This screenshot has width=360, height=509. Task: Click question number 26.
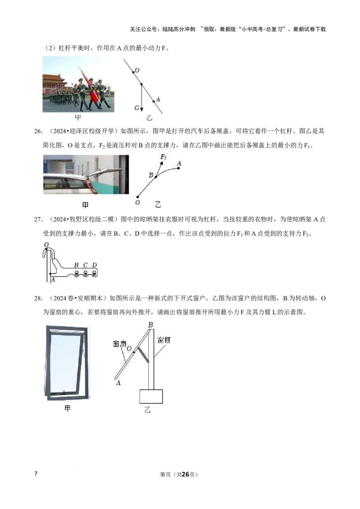pos(38,131)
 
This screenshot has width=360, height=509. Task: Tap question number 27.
pos(38,219)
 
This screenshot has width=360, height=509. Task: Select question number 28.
pos(38,298)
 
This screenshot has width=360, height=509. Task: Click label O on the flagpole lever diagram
pos(137,70)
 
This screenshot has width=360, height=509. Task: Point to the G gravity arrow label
pos(137,108)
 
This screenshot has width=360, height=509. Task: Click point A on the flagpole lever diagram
pos(158,99)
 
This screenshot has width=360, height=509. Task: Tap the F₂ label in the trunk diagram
pos(163,157)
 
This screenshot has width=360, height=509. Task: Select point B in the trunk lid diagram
pos(151,175)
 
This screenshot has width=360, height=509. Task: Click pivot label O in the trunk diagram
pos(137,202)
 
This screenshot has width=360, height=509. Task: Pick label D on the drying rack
pos(94,265)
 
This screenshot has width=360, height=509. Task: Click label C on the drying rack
pos(85,265)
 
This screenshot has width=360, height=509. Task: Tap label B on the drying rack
pos(76,265)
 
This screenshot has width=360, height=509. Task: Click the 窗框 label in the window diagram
pos(164,340)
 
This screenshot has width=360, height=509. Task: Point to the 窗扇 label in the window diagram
pos(120,344)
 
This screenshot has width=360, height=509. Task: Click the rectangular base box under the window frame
pos(151,396)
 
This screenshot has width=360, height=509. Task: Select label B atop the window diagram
pos(150,325)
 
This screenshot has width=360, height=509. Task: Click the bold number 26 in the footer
pos(185,474)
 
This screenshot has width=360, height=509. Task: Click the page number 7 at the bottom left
pos(36,473)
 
